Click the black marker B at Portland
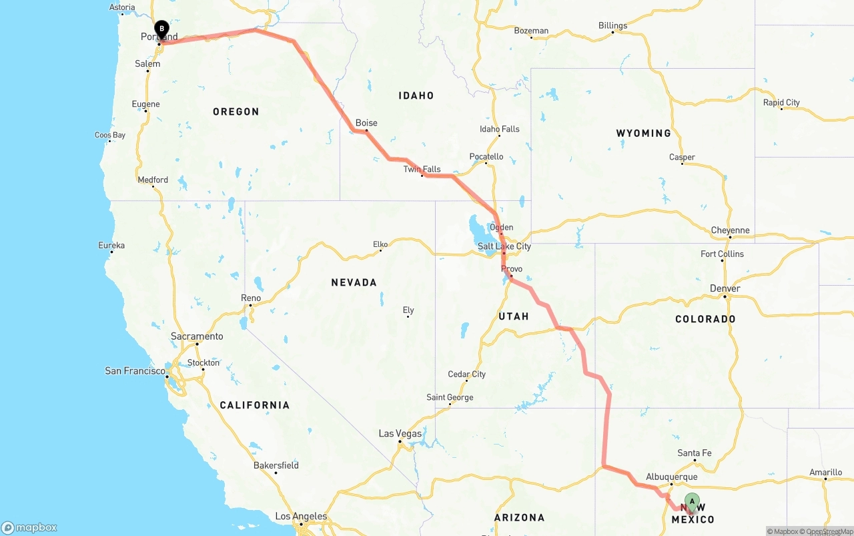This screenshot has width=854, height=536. (161, 29)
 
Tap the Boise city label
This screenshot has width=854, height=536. (366, 123)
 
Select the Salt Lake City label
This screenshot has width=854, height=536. (504, 246)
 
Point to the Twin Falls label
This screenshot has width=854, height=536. (422, 170)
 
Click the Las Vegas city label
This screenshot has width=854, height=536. (400, 433)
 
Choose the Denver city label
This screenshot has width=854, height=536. (725, 288)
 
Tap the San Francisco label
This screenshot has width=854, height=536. (135, 370)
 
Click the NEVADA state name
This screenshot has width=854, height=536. (354, 282)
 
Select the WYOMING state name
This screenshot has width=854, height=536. (643, 133)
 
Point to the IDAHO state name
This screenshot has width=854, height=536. (416, 95)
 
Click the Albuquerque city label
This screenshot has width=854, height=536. (671, 477)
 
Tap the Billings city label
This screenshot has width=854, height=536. (612, 25)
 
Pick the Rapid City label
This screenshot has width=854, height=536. (781, 103)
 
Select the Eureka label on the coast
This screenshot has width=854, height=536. (111, 246)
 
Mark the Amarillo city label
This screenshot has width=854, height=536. (825, 472)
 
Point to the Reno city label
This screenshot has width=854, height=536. (251, 298)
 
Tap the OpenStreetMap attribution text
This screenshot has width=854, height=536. (827, 531)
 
